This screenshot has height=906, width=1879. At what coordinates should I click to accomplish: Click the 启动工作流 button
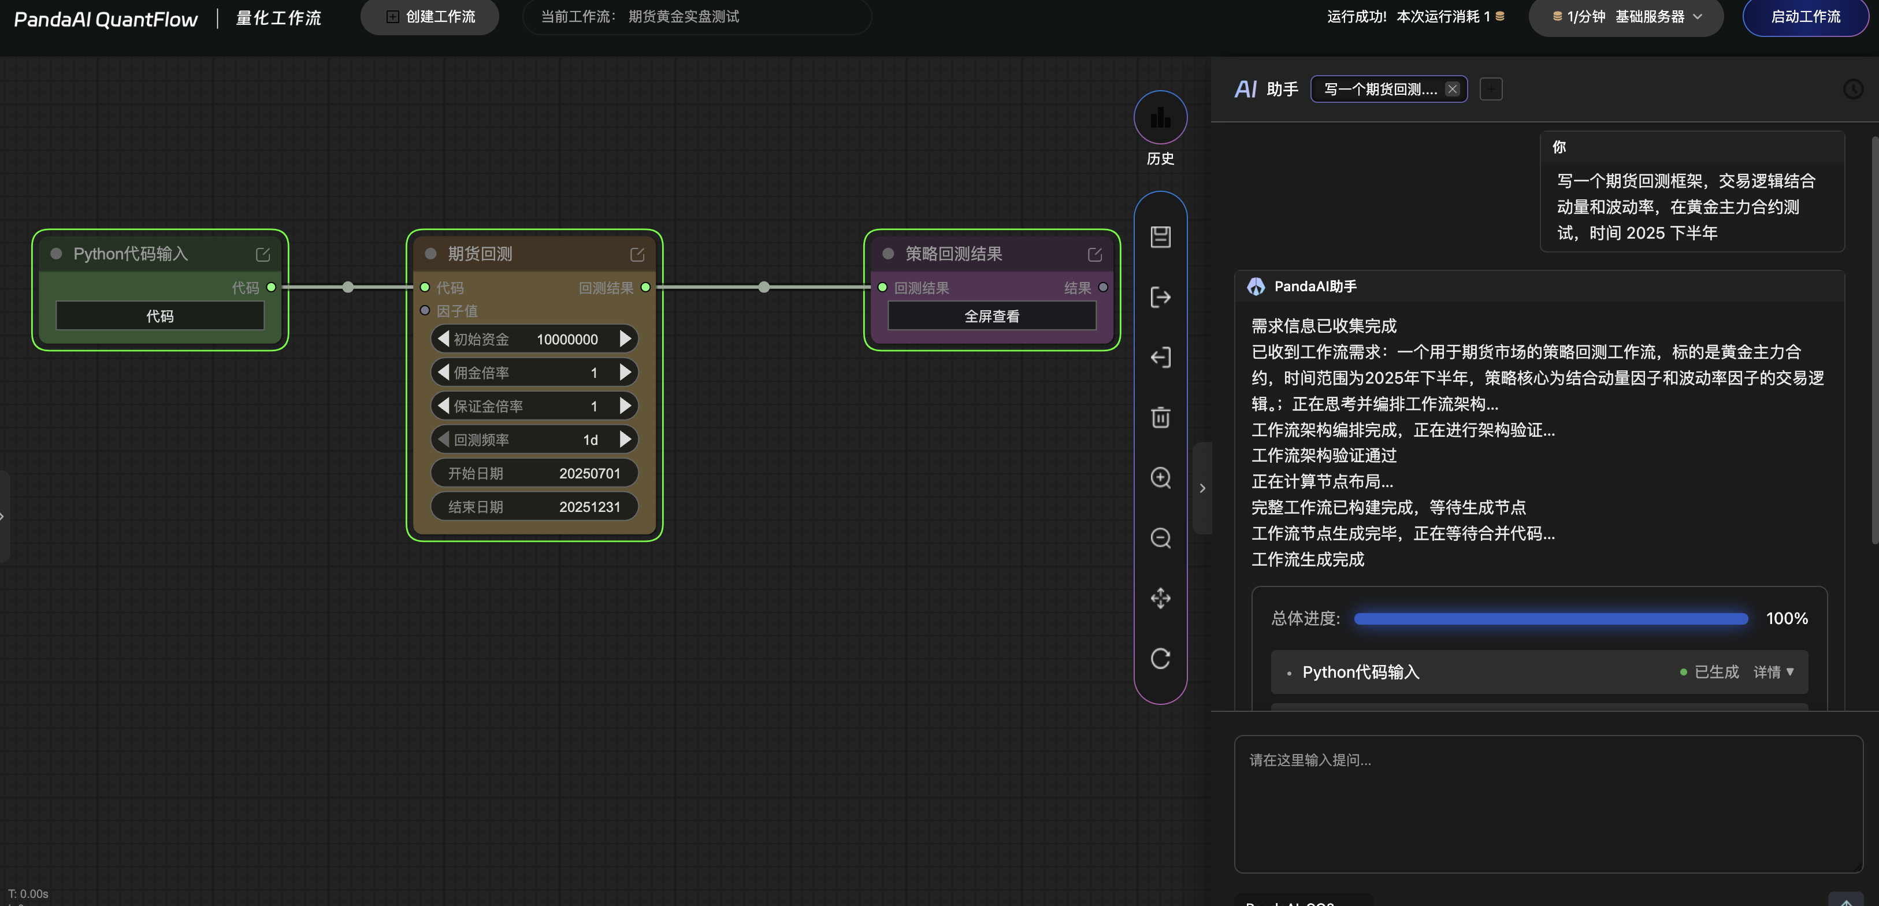point(1804,16)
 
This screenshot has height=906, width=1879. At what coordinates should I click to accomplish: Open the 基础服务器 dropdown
point(1626,16)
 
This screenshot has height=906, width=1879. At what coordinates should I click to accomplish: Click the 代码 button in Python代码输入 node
point(159,316)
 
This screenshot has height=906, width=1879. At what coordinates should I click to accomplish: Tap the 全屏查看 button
point(992,316)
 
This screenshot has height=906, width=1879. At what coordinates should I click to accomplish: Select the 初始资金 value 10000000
point(567,339)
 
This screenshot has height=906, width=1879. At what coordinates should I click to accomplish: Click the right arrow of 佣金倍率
point(625,373)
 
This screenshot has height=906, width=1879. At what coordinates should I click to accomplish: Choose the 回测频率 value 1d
point(590,440)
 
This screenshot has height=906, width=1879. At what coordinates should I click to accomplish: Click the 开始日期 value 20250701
point(589,473)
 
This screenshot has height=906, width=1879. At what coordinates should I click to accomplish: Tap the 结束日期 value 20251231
point(589,507)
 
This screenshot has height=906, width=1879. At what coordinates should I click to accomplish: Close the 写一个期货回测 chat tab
point(1452,89)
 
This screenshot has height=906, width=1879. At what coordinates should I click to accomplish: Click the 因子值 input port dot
point(425,311)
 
